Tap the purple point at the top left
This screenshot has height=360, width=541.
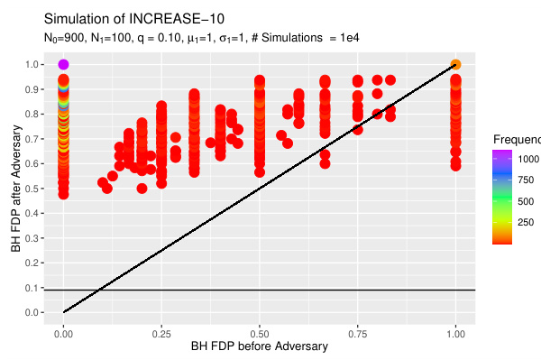pyautogui.click(x=63, y=64)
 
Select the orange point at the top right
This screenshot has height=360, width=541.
pyautogui.click(x=456, y=64)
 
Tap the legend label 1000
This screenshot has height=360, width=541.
pyautogui.click(x=529, y=159)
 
